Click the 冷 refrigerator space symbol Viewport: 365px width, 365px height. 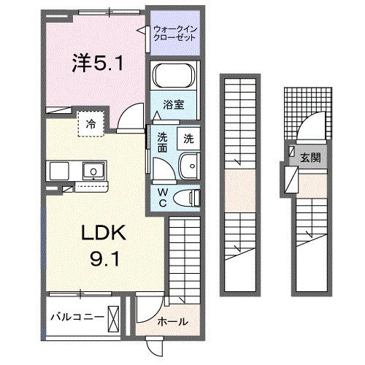tap(91, 122)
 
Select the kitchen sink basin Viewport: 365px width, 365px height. tap(93, 172)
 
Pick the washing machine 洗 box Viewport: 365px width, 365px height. tap(188, 137)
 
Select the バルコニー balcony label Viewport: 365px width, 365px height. tap(76, 318)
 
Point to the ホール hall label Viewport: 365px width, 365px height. tap(172, 322)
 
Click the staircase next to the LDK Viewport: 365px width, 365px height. tap(185, 255)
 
